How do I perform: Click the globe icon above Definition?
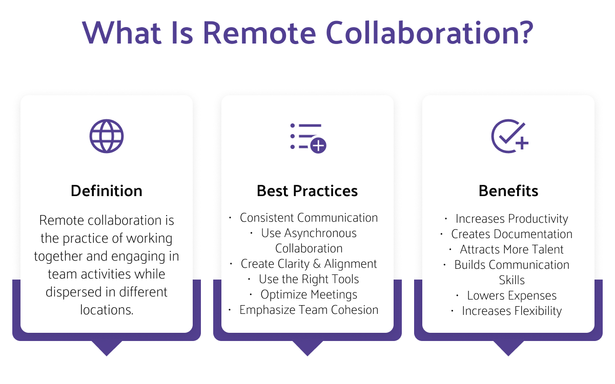(x=107, y=136)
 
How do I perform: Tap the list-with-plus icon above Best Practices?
(x=307, y=137)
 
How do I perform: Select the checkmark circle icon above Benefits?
(x=509, y=136)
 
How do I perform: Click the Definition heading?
(x=107, y=191)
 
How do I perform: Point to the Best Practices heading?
(x=307, y=191)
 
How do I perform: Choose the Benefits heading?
(x=508, y=191)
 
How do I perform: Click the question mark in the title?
(x=524, y=33)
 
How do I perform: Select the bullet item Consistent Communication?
(x=309, y=218)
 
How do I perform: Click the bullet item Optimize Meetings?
(x=309, y=294)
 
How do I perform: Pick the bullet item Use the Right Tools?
(x=309, y=279)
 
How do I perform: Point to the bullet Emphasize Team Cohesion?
(x=309, y=310)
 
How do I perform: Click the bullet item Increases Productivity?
(x=511, y=219)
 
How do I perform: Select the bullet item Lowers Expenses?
(x=511, y=295)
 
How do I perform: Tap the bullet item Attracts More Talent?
(x=511, y=249)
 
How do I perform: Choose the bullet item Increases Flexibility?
(x=511, y=311)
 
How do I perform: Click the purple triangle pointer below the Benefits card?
(x=508, y=348)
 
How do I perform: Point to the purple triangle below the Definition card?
(x=107, y=348)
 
